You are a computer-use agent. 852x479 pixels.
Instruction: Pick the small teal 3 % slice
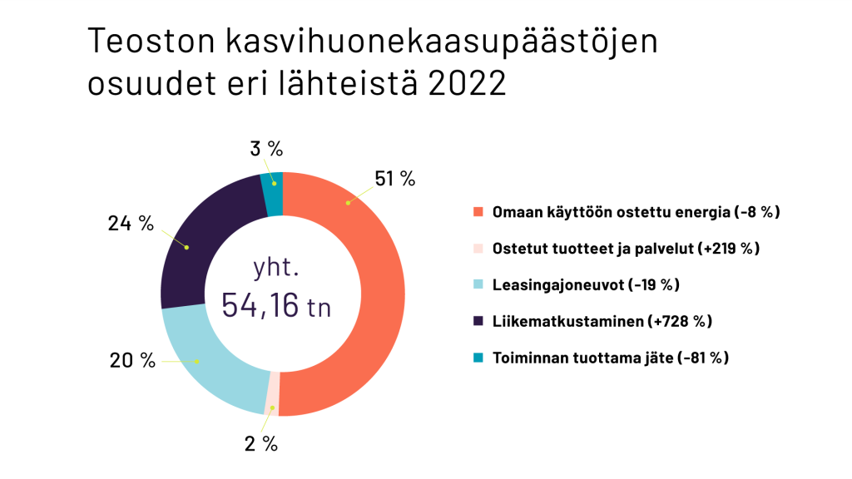pos(273,193)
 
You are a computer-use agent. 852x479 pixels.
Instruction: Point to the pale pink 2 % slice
pos(272,393)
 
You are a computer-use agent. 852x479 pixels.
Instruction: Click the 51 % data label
pos(395,178)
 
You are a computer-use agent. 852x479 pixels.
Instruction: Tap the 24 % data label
pos(131,223)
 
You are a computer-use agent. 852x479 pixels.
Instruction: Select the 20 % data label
pos(132,360)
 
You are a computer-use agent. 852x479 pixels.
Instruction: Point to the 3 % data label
pos(266,148)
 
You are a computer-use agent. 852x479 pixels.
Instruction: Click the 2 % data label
pos(260,444)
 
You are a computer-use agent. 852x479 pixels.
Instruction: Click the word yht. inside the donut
pos(276,267)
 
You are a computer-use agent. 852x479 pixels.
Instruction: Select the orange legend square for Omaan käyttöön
pos(478,212)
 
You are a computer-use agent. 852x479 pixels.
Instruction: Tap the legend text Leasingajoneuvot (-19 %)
pos(586,284)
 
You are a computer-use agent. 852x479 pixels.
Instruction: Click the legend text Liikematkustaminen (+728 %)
pos(602,321)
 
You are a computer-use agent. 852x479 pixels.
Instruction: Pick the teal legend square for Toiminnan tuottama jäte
pos(478,358)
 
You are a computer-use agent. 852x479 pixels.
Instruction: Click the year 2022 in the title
pos(468,83)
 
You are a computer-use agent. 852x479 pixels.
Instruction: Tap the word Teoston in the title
pos(151,40)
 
